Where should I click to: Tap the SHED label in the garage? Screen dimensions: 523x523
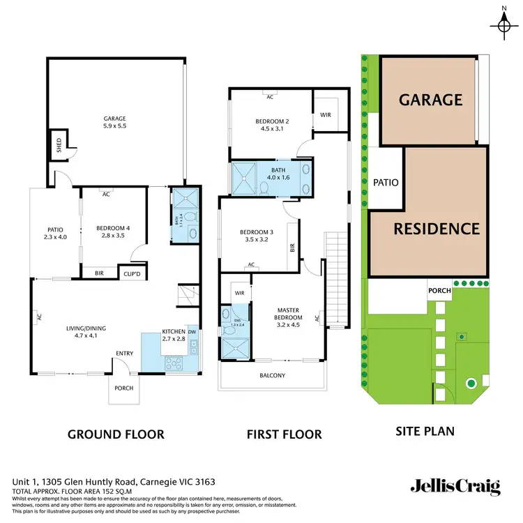[x=58, y=146]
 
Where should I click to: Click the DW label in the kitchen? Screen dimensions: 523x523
[x=192, y=332]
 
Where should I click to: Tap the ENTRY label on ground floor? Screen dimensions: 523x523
[x=124, y=354]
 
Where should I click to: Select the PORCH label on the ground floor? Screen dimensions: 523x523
[x=123, y=388]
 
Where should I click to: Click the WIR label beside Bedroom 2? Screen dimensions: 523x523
[x=324, y=114]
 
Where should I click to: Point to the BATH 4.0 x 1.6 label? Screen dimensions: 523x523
[x=273, y=172]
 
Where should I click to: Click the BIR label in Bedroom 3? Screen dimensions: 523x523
[x=293, y=247]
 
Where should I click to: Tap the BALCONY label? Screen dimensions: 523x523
[x=272, y=375]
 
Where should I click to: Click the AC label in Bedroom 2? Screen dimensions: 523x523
[x=269, y=97]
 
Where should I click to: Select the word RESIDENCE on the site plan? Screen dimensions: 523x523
[x=437, y=229]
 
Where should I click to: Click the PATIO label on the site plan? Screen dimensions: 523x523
[x=386, y=183]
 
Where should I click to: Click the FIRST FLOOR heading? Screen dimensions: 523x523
[x=284, y=434]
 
